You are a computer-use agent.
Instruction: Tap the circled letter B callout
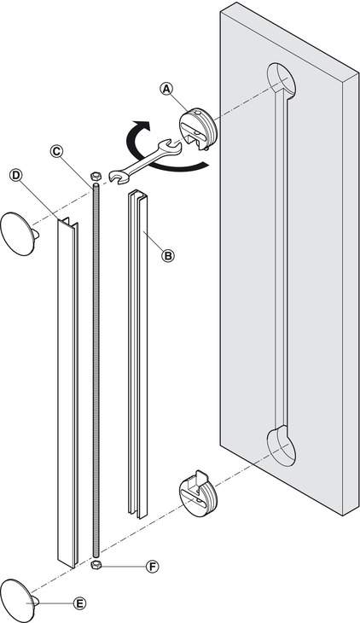pos(168,255)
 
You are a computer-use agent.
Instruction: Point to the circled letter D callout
pos(15,175)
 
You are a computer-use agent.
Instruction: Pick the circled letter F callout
pos(152,567)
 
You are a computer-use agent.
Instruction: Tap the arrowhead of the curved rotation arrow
pos(142,126)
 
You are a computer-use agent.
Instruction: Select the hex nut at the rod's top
pos(96,175)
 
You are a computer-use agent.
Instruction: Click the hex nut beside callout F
pos(96,566)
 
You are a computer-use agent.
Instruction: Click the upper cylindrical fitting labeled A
pos(197,128)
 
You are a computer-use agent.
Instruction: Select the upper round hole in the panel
pos(282,80)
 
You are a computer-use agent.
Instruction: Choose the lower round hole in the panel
pos(282,445)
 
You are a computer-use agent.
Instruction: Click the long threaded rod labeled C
pos(96,370)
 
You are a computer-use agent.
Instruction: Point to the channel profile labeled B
pos(137,353)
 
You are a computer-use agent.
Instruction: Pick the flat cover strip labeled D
pos(68,393)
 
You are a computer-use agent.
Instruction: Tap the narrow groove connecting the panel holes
pos(282,262)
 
